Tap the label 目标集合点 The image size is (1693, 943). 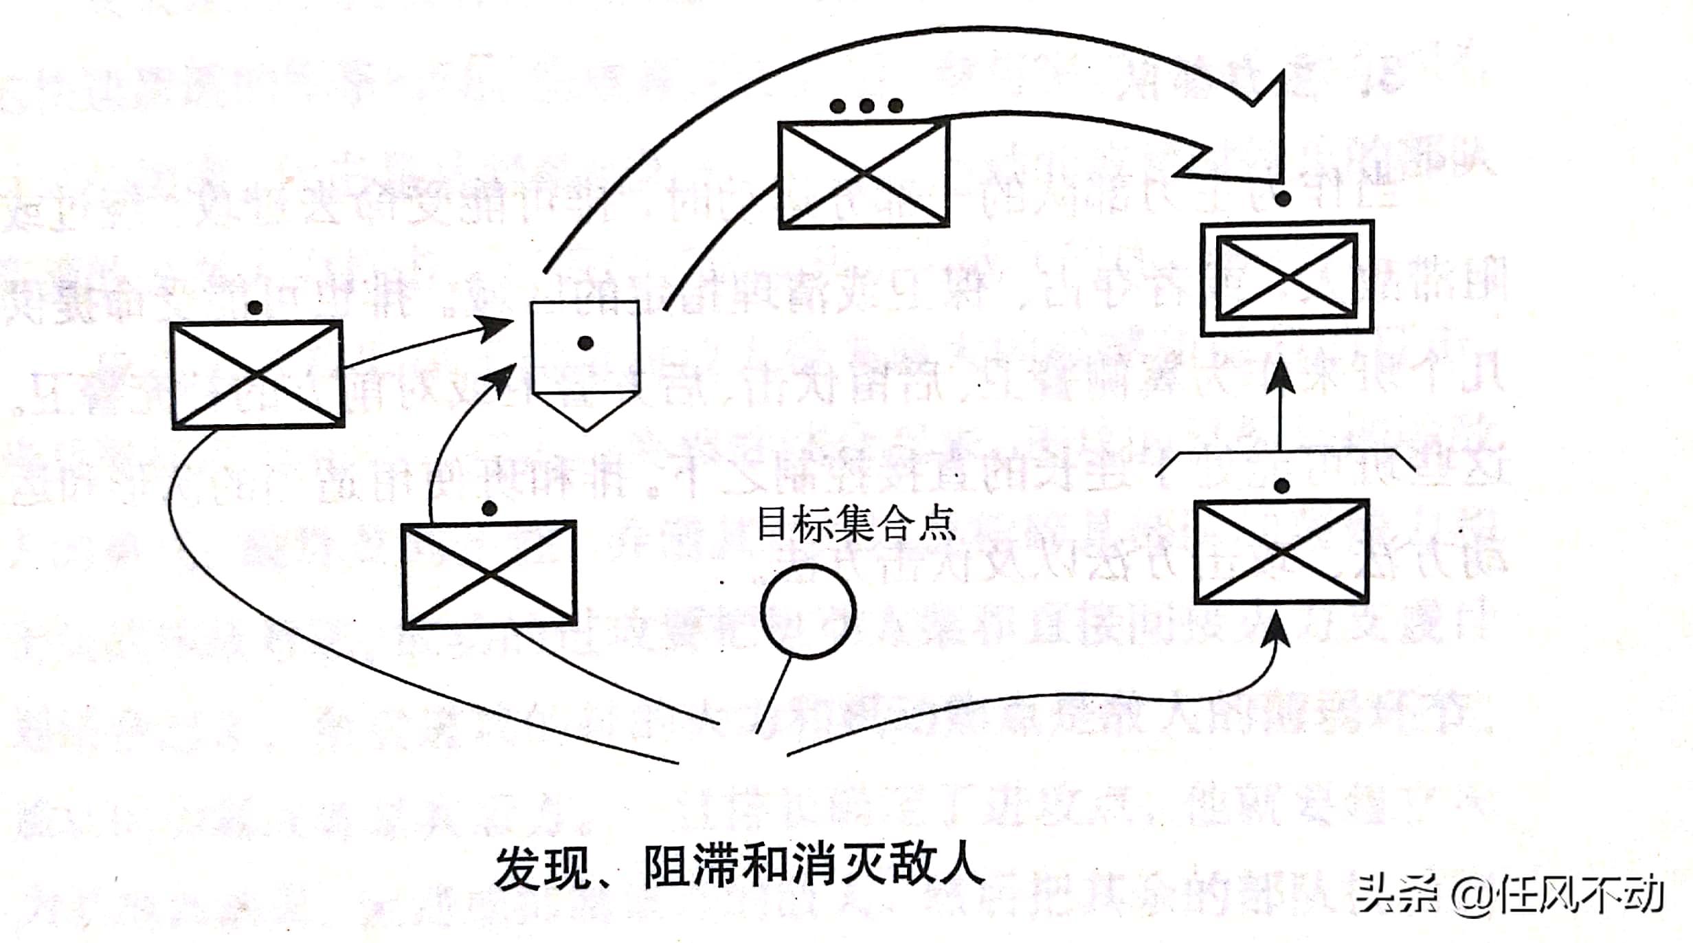point(855,524)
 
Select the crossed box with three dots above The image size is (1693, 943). point(864,174)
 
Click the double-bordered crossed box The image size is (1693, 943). point(1286,277)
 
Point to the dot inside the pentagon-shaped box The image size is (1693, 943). point(585,343)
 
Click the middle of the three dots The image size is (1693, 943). point(866,106)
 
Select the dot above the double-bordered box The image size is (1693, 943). point(1282,199)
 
